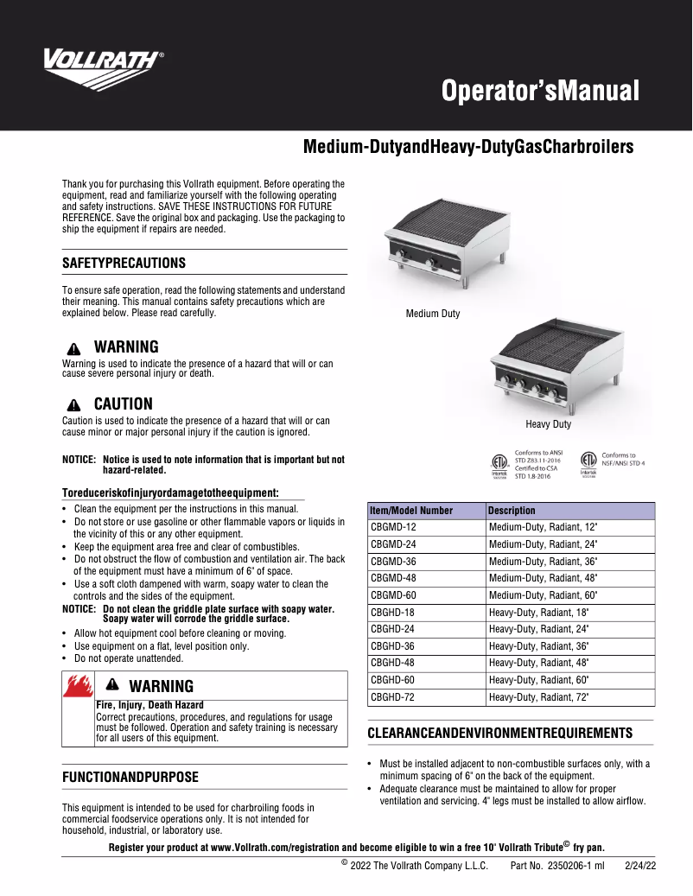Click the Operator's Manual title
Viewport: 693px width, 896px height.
click(x=540, y=90)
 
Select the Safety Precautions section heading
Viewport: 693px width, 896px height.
click(x=124, y=263)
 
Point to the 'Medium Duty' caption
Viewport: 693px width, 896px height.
click(x=433, y=314)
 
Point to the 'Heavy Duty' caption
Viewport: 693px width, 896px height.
click(x=548, y=424)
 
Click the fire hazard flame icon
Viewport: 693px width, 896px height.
click(x=78, y=690)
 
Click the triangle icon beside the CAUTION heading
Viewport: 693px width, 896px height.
click(x=74, y=404)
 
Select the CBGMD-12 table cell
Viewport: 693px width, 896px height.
click(x=393, y=527)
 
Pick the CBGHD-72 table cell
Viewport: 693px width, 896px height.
click(x=393, y=697)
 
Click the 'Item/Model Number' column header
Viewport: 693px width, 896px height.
click(x=411, y=511)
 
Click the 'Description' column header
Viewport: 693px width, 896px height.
click(x=512, y=511)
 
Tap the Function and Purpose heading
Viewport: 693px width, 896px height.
click(x=130, y=777)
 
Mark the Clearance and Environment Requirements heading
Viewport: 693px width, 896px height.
click(x=499, y=733)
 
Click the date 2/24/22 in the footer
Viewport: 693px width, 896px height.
click(x=640, y=866)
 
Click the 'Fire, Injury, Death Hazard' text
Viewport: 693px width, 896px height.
click(x=149, y=705)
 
